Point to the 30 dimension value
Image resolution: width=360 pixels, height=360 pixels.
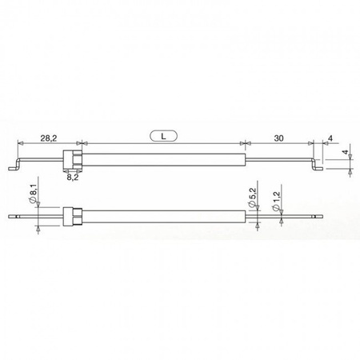[x=278, y=138]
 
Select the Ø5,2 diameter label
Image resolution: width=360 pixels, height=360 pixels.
[x=251, y=197]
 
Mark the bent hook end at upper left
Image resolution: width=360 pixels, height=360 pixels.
[x=14, y=168]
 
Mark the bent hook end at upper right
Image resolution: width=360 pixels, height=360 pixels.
[x=317, y=167]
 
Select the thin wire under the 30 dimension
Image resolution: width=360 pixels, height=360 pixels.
[x=276, y=160]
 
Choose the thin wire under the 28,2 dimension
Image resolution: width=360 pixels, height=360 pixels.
[x=40, y=161]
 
